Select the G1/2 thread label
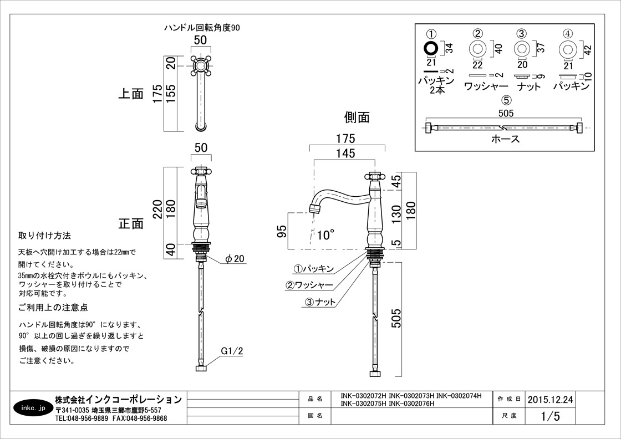(232, 351)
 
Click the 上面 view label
(131, 94)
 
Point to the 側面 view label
(357, 117)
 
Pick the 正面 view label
(131, 224)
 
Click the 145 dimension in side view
(345, 154)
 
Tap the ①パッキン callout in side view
(313, 269)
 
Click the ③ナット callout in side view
(320, 302)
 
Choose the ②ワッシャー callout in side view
(309, 285)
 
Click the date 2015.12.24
(550, 399)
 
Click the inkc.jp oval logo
(31, 409)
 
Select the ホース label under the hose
(505, 139)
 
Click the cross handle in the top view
(200, 65)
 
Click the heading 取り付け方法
(44, 236)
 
